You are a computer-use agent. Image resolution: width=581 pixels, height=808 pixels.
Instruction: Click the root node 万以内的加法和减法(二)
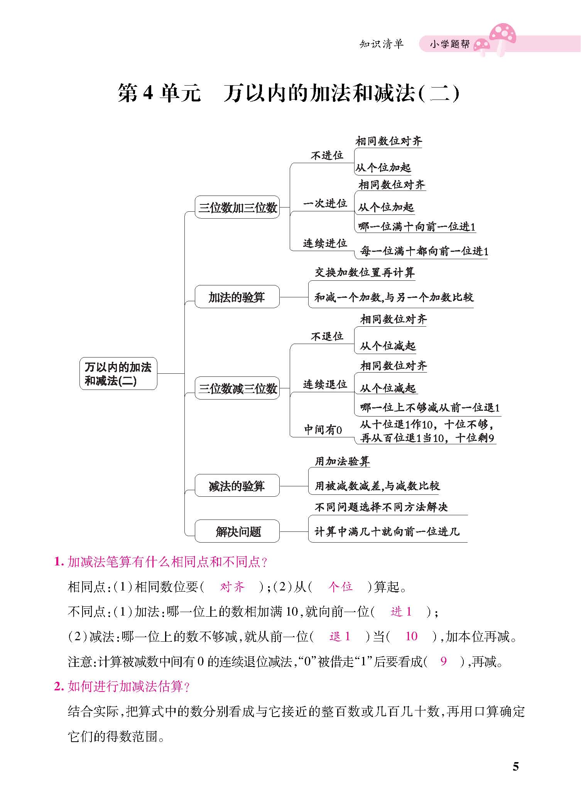point(118,373)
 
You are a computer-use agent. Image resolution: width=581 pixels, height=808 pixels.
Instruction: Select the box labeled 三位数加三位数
point(237,207)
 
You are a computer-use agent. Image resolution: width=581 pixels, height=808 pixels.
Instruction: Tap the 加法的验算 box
point(237,297)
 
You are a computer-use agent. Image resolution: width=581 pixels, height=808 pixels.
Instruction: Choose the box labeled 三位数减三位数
point(237,388)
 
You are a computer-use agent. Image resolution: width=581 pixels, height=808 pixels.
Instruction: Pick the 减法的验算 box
point(237,486)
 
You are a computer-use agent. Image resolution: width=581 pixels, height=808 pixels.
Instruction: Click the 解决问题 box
point(237,531)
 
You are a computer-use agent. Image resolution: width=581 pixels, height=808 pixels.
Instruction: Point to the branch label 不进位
point(327,155)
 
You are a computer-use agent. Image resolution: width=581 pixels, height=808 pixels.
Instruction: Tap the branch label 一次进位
point(325,203)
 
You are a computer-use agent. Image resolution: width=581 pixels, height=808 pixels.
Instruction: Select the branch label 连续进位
point(325,243)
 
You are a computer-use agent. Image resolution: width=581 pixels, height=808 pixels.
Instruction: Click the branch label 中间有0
point(323,430)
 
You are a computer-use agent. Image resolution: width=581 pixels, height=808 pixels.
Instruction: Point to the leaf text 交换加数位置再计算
point(365,273)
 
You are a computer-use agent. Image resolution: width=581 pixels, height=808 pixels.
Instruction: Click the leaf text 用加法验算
point(342,461)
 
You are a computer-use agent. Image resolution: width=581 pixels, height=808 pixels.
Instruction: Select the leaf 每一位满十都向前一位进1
point(424,251)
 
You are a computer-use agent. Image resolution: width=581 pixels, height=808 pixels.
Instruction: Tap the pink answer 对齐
point(232,587)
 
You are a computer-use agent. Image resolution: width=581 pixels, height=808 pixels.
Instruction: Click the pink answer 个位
point(341,587)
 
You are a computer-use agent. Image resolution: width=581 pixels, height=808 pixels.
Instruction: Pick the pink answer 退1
point(340,636)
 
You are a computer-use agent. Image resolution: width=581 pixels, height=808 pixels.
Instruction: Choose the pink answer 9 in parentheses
point(443,661)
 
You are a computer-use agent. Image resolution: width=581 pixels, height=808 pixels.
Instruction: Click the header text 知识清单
point(381,44)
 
